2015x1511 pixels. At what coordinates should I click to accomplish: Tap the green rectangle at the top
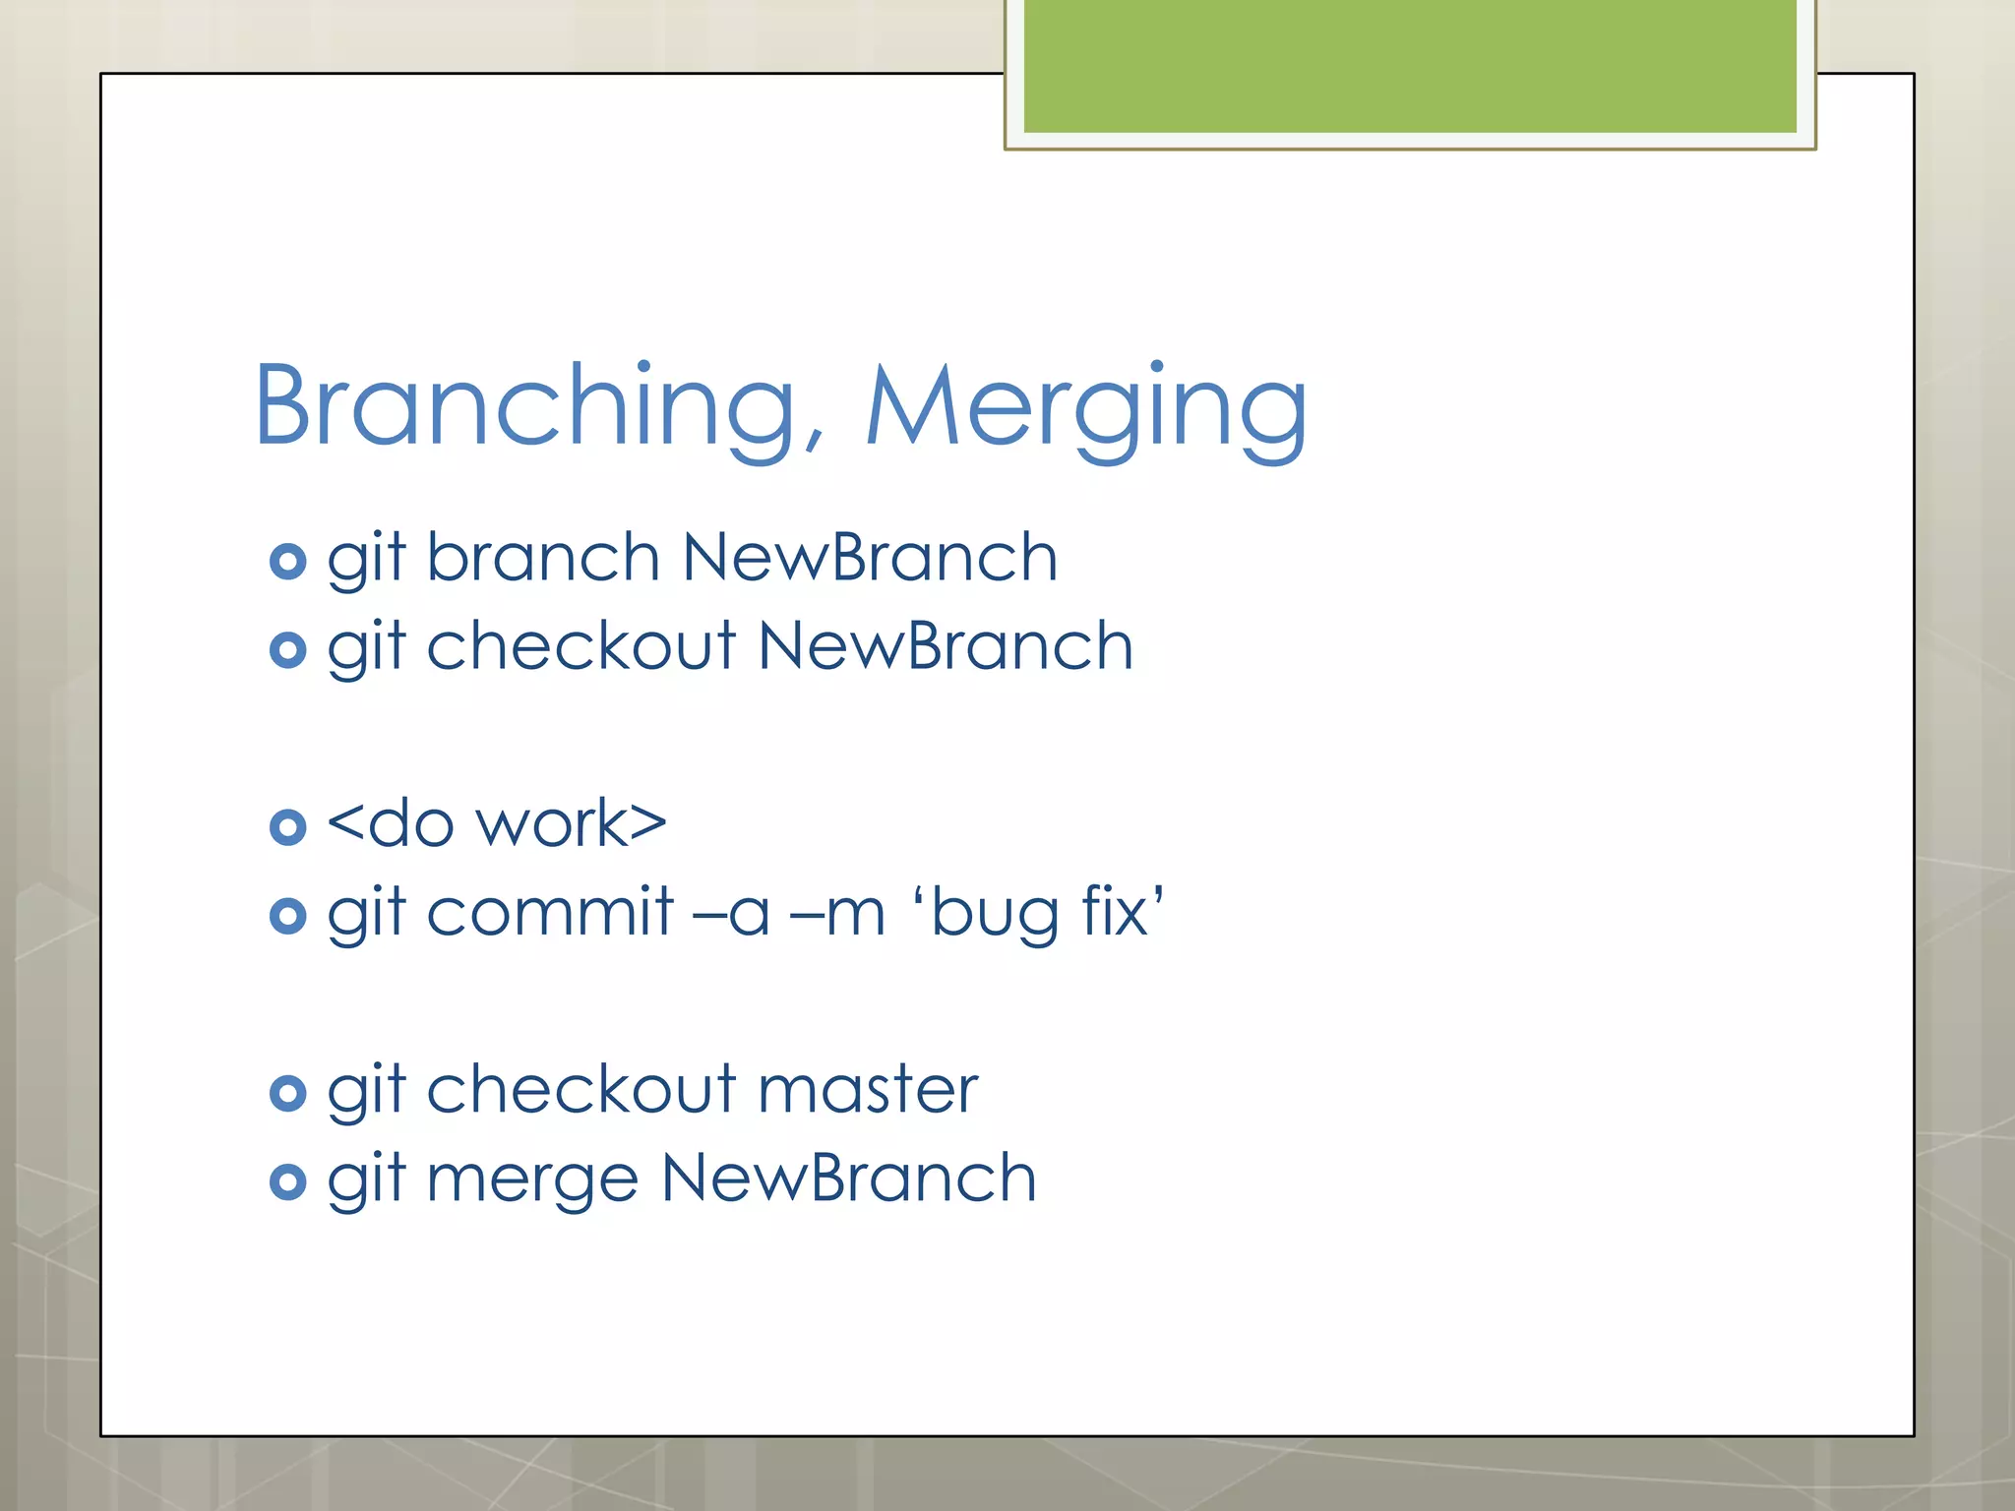coord(1409,66)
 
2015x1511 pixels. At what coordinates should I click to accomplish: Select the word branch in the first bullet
coord(543,558)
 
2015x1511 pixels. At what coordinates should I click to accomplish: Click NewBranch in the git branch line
coord(870,558)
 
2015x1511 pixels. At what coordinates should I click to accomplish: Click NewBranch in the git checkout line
coord(946,646)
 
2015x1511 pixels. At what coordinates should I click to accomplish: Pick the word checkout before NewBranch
coord(580,646)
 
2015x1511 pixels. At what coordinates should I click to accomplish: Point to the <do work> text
coord(497,823)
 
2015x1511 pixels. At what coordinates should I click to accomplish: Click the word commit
coord(550,912)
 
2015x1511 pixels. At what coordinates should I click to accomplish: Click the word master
coord(868,1090)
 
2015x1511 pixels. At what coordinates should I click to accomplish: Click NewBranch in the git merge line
coord(848,1178)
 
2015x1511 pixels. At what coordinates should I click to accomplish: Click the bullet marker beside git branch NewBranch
coord(287,562)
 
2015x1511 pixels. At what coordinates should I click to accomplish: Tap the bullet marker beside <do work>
coord(287,827)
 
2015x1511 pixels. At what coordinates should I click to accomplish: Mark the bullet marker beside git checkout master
coord(287,1093)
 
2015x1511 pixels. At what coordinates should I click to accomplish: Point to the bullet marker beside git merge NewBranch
coord(287,1181)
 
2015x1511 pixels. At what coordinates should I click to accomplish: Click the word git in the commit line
coord(366,914)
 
